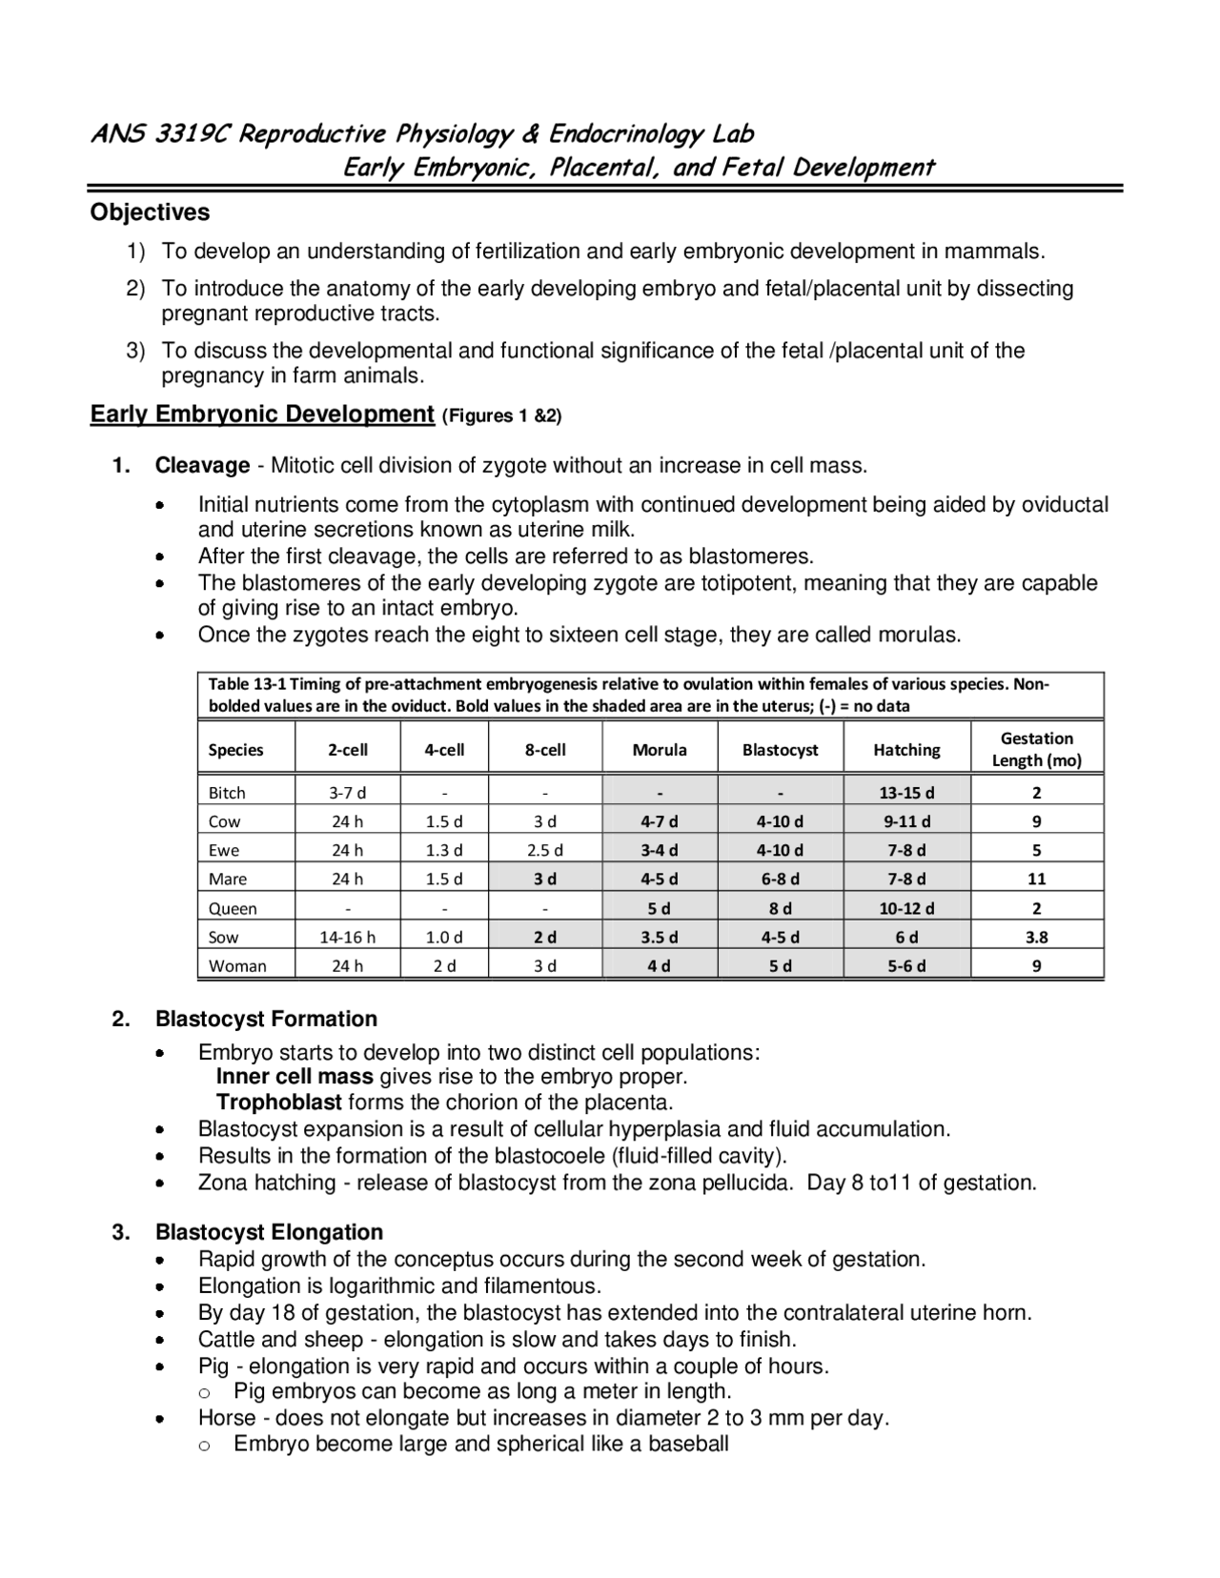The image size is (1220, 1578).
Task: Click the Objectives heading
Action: (x=150, y=212)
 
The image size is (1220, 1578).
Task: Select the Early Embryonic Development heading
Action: (x=262, y=415)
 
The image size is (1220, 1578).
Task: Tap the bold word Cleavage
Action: (x=202, y=466)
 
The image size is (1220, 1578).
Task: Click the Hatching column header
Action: (x=906, y=750)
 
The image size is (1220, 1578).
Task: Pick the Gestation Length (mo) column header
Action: (x=1037, y=749)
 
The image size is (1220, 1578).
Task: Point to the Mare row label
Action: (x=228, y=879)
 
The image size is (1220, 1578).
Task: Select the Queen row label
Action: (x=233, y=908)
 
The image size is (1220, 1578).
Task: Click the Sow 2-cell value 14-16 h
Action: (x=347, y=937)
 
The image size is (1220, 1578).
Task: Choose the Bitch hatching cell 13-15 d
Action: (x=906, y=793)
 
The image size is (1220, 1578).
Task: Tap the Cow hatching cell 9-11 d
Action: (x=906, y=821)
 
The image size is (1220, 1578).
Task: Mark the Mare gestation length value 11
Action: (x=1037, y=879)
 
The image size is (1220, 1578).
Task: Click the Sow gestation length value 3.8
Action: (x=1037, y=937)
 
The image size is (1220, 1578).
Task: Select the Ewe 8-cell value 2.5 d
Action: (x=545, y=850)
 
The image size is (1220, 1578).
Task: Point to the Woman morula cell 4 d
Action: (x=659, y=965)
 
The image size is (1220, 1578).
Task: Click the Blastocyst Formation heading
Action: (x=266, y=1020)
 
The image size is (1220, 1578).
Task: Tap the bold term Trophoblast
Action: (x=278, y=1103)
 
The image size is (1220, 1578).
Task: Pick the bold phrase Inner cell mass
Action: (x=295, y=1077)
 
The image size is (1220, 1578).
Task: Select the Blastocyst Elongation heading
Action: (x=269, y=1232)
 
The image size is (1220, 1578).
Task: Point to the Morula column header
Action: (x=660, y=750)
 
